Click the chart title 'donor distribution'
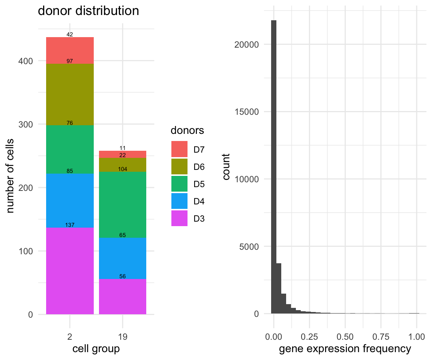click(x=88, y=11)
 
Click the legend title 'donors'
click(x=187, y=130)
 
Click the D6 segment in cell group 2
click(x=70, y=94)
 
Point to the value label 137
click(x=70, y=225)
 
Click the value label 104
click(x=123, y=169)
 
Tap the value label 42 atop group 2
click(x=70, y=34)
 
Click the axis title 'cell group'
click(x=96, y=349)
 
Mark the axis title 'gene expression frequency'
click(x=345, y=349)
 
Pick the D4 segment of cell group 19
click(x=123, y=258)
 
